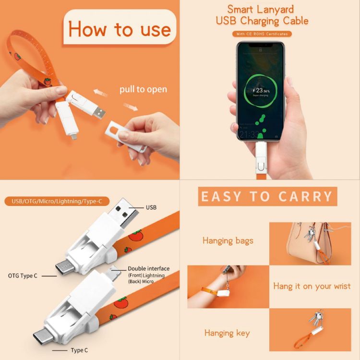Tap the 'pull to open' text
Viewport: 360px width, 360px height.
144,89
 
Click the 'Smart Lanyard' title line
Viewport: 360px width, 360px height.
261,9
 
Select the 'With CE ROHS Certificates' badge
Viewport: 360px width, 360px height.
261,34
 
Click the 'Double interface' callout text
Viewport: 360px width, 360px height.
148,269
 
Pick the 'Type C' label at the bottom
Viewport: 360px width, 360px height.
79,350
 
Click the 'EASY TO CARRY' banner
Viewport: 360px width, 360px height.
267,196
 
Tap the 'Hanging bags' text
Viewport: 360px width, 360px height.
228,240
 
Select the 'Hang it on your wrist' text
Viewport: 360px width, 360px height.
312,286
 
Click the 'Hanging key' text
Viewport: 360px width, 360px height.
227,333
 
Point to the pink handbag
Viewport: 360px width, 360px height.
305,243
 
